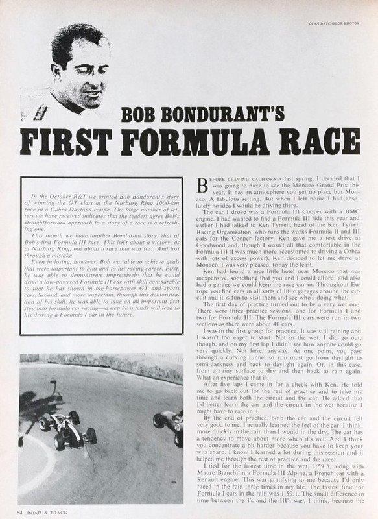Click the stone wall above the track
pos(97,360)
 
